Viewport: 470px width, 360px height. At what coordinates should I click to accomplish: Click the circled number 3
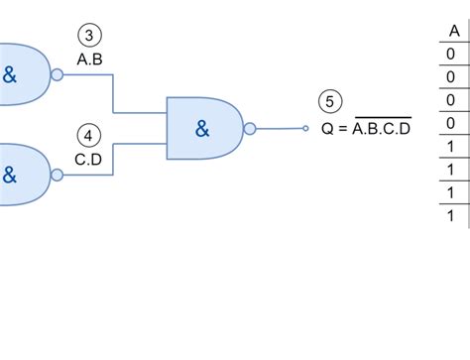89,37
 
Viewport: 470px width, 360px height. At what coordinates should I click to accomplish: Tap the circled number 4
89,134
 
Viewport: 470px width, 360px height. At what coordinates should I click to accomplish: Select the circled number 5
331,101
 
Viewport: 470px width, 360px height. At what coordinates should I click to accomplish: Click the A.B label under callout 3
89,60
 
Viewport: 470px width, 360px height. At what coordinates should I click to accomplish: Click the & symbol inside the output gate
202,127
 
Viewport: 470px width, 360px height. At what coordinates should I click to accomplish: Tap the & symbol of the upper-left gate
9,70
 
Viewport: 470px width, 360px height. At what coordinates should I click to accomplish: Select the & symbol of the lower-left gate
9,175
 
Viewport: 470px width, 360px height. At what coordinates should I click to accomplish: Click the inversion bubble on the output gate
249,127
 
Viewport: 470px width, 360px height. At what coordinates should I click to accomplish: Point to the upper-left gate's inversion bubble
57,74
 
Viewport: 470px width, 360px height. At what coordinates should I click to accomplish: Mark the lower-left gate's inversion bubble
57,175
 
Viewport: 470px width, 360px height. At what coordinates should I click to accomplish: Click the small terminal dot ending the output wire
306,127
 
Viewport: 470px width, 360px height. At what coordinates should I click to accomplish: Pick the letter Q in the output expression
326,127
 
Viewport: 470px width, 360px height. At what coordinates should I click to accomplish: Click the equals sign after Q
341,127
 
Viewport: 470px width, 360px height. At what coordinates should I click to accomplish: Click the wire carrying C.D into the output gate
115,159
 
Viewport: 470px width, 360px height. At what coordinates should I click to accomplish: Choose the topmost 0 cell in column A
453,55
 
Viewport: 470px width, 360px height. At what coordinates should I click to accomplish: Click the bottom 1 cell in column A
453,215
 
